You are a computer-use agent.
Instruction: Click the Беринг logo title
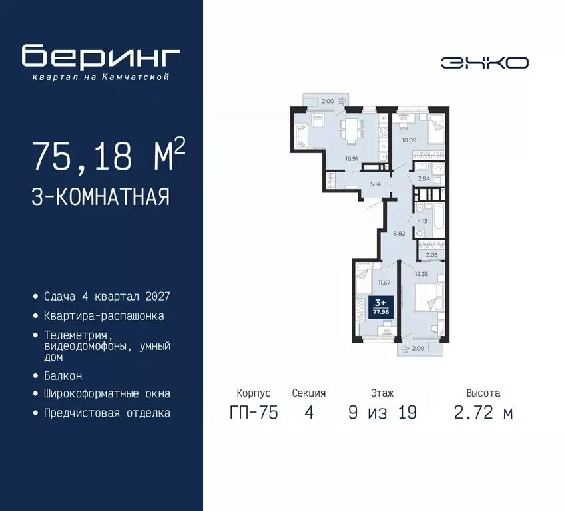point(101,57)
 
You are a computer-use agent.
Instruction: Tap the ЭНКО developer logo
point(484,63)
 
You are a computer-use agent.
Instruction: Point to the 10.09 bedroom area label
point(408,140)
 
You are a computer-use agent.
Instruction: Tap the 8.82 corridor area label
point(399,233)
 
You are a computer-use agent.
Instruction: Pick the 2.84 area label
point(423,179)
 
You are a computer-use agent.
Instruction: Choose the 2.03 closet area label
point(431,254)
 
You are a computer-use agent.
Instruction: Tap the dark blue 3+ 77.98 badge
point(382,309)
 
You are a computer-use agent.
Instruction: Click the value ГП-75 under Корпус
point(253,413)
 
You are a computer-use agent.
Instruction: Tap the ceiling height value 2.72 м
point(483,413)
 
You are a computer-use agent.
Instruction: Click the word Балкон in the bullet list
point(63,375)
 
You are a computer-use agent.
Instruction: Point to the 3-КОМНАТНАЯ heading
point(101,197)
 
